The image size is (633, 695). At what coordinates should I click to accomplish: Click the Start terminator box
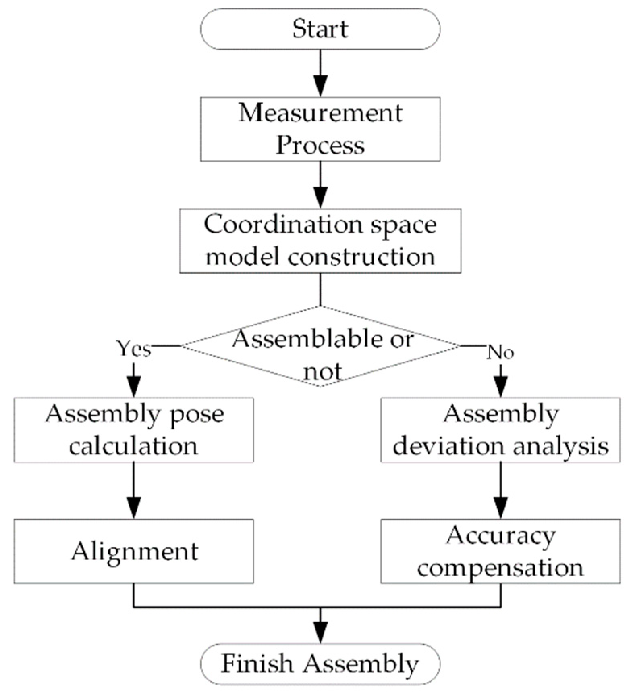coord(320,29)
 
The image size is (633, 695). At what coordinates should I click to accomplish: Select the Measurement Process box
coord(320,129)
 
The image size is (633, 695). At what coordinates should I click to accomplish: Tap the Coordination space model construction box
coord(320,241)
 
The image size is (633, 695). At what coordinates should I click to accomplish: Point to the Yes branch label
coord(133,349)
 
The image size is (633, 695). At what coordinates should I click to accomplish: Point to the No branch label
coord(500,353)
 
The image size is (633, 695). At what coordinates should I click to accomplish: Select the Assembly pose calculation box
coord(133,430)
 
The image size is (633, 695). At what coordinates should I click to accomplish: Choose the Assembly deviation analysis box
coord(500,430)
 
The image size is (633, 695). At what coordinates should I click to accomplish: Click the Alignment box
coord(133,551)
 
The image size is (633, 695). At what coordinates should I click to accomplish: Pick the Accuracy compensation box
coord(500,551)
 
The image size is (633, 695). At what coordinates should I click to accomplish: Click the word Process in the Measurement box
coord(320,145)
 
